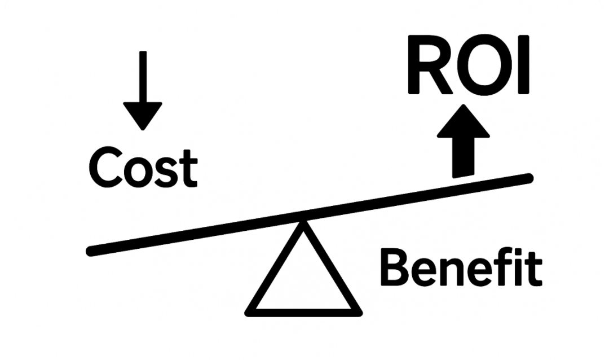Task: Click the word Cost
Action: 143,168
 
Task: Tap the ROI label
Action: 469,68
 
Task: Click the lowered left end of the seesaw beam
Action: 93,249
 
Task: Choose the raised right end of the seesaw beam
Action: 527,179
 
